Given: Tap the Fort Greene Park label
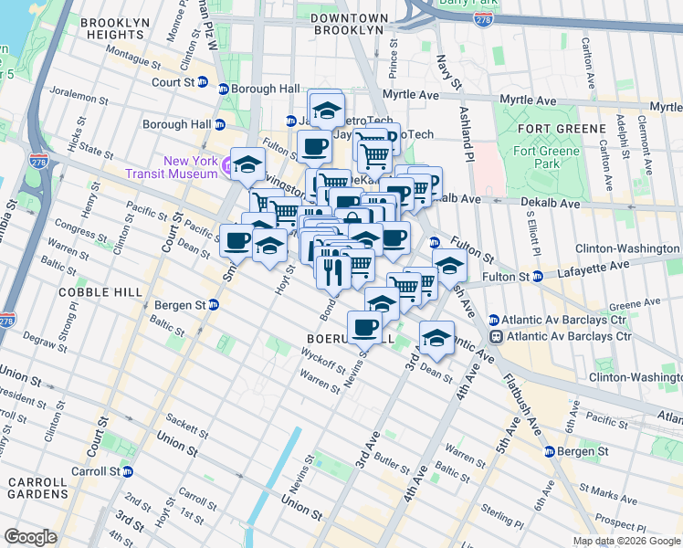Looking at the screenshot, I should click(546, 157).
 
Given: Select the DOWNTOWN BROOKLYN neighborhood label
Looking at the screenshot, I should click(346, 24).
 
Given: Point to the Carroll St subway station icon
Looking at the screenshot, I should click(128, 471).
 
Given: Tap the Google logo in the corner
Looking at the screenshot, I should click(30, 537).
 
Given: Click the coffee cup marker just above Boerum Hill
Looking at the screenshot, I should click(365, 326).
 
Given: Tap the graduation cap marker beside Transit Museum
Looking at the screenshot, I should click(247, 163).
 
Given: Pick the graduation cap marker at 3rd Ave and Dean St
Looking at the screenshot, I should click(436, 337).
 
